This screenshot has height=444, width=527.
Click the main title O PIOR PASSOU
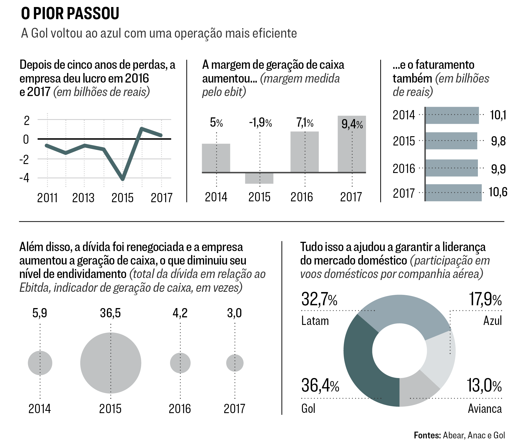70,13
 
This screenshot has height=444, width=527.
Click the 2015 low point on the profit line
123,179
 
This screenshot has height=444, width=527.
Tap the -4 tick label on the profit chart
24,178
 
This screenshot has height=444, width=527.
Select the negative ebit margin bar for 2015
259,178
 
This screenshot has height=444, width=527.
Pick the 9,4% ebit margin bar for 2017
352,146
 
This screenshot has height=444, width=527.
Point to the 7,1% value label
305,123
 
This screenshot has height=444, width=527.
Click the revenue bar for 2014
452,115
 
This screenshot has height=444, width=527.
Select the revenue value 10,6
498,192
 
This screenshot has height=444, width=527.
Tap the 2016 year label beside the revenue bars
404,169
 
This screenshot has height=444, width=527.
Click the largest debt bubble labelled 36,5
111,363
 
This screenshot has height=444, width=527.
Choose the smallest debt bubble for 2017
235,363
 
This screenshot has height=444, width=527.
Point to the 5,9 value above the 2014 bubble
40,313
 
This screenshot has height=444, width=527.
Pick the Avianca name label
485,409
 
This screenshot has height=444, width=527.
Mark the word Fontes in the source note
427,435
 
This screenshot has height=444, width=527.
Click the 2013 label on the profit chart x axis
83,198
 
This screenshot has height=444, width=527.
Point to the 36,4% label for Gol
320,386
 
